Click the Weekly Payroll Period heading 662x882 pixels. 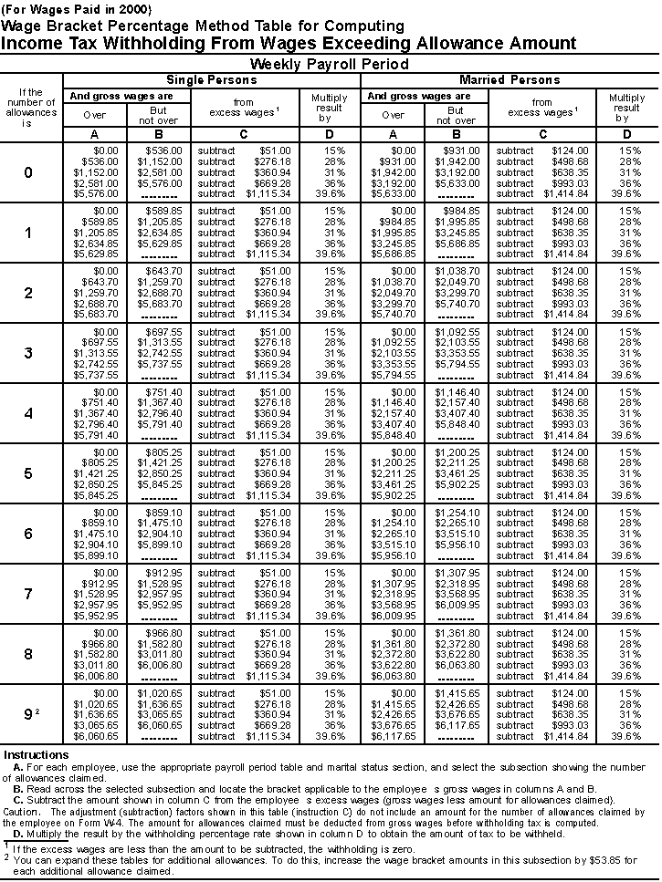[330, 64]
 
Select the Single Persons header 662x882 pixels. [212, 80]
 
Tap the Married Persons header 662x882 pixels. [510, 80]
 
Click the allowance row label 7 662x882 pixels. [28, 595]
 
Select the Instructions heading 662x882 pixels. [37, 755]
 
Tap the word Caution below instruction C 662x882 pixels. [22, 809]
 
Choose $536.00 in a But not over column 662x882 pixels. [164, 150]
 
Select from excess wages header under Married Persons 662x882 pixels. [541, 108]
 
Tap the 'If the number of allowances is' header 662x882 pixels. [31, 108]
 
